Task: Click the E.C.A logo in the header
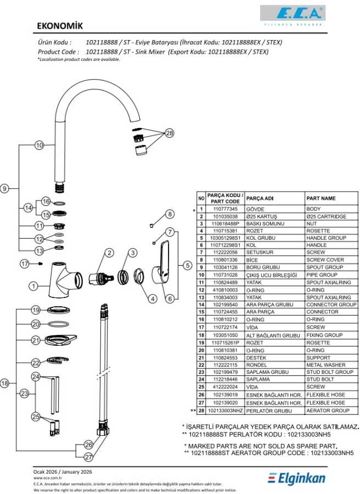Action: point(292,15)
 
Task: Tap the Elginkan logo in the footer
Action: point(296,479)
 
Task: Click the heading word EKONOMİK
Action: point(60,26)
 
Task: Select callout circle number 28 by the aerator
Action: point(170,133)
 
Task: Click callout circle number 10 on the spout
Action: point(39,145)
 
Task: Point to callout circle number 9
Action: point(4,188)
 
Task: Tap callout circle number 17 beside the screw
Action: point(25,263)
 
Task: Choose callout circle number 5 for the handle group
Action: point(188,265)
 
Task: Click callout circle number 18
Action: point(4,384)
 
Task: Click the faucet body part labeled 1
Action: point(65,279)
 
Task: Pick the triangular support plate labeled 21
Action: point(60,339)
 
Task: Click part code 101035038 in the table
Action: point(225,216)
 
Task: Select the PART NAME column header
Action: point(321,198)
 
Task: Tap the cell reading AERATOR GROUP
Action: point(328,411)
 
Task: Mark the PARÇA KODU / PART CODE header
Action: point(225,199)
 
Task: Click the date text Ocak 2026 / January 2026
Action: point(63,471)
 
